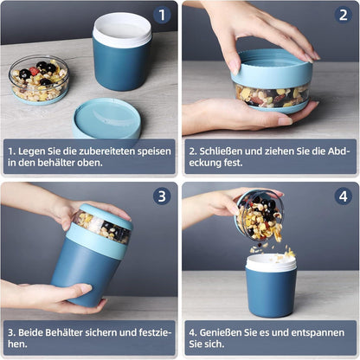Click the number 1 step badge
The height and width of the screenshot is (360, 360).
point(161,15)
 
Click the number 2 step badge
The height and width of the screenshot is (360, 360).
point(342,15)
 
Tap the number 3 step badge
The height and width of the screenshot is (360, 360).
point(161,196)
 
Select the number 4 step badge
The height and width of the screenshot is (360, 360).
point(342,196)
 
